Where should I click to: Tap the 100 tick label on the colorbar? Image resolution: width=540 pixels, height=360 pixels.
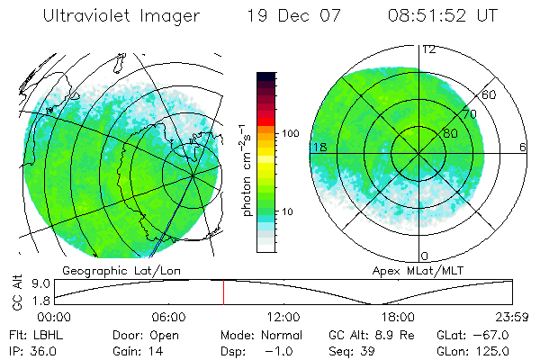291,133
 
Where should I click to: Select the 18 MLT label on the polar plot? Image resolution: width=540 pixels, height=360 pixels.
318,147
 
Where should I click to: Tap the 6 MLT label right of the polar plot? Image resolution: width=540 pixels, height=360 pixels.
523,147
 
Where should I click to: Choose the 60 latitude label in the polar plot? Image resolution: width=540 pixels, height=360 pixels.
489,94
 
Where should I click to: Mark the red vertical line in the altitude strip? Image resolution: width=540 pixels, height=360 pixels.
223,292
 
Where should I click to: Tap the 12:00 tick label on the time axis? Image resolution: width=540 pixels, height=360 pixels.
283,317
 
